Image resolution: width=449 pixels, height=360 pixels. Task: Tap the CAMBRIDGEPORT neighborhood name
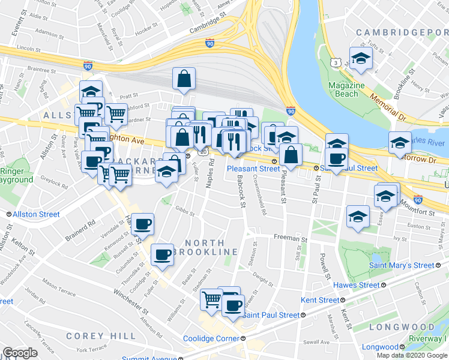click(x=401, y=32)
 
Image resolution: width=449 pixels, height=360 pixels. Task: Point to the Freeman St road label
click(x=290, y=238)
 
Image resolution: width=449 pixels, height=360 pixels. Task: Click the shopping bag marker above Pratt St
click(x=184, y=79)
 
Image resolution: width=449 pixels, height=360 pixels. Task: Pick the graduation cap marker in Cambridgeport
click(x=361, y=58)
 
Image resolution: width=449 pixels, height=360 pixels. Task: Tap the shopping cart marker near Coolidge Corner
click(x=211, y=298)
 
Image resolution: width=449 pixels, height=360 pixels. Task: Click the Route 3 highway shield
click(x=336, y=62)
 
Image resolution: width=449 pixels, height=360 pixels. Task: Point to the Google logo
click(x=20, y=353)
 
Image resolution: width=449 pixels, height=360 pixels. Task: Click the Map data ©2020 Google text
click(x=412, y=355)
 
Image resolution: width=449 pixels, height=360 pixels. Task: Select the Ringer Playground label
click(x=16, y=175)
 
